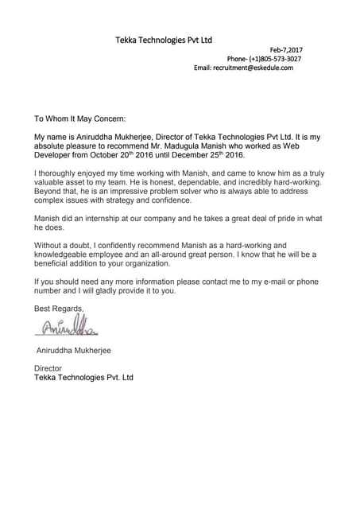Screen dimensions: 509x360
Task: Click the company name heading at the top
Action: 164,39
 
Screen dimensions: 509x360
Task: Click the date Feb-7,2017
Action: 286,50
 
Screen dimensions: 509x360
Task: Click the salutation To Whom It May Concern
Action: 79,119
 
